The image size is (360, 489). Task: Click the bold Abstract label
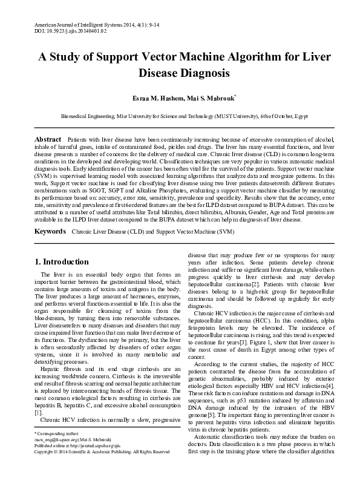click(x=48, y=139)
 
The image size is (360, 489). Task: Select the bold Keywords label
click(x=50, y=215)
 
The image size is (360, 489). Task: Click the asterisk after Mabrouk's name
click(x=235, y=96)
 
